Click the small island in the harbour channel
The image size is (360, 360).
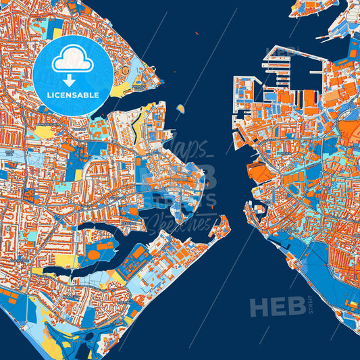pyautogui.click(x=180, y=108)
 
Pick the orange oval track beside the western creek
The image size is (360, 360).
pyautogui.click(x=93, y=255)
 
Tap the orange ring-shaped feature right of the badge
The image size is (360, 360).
pyautogui.click(x=124, y=72)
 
